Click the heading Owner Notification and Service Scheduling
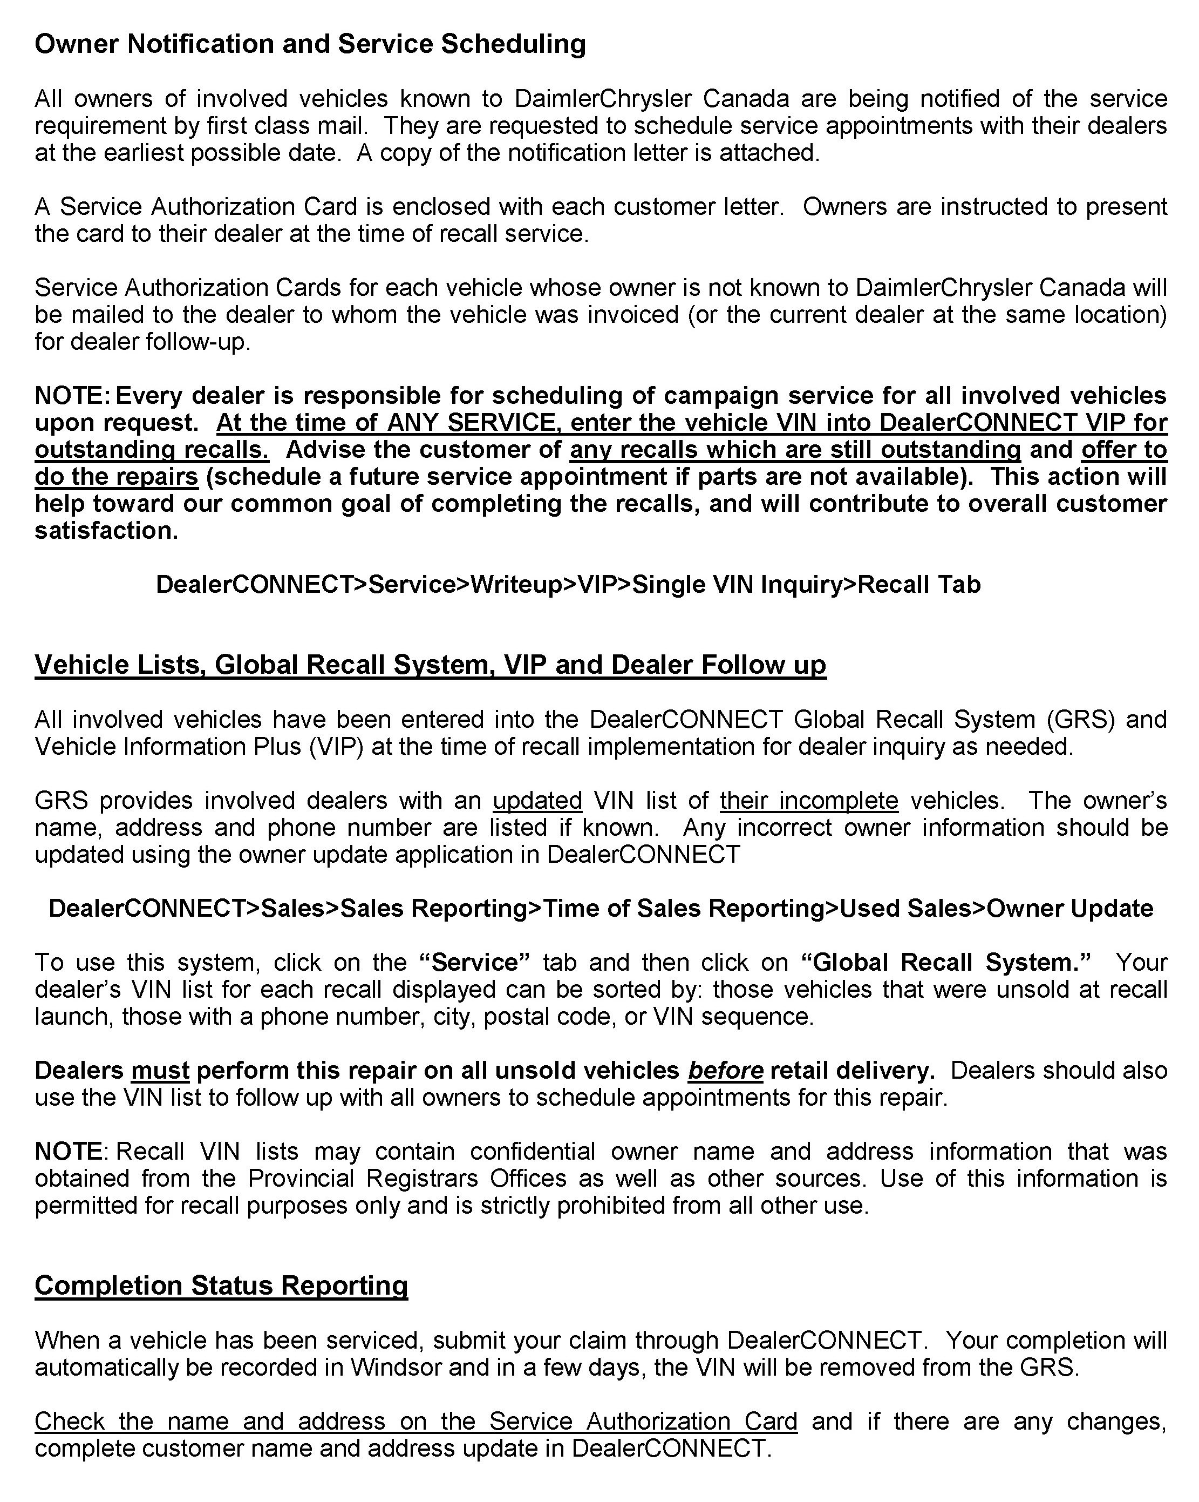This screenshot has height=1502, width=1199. click(x=310, y=44)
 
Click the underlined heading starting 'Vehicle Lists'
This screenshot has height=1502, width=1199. click(x=430, y=665)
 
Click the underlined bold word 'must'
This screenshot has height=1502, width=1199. click(x=160, y=1070)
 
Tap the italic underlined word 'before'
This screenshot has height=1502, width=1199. click(x=726, y=1070)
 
